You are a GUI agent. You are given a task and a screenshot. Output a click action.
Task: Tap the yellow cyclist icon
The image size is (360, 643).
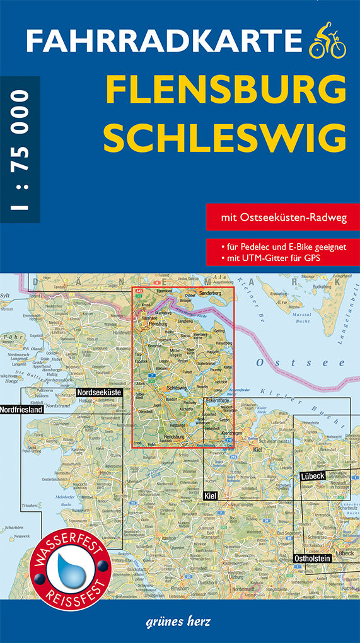click(328, 40)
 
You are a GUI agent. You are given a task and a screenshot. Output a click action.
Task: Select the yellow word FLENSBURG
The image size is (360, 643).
click(224, 91)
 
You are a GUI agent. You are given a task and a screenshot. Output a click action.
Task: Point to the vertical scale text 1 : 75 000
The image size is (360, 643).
click(20, 151)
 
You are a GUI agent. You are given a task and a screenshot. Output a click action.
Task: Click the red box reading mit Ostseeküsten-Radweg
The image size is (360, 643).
click(276, 217)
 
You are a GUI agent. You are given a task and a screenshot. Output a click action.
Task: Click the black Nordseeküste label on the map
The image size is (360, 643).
click(98, 392)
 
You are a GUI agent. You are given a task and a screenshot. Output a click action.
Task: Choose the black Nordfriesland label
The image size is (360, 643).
click(21, 409)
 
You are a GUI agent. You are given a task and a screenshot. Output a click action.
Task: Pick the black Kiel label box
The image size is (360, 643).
click(210, 497)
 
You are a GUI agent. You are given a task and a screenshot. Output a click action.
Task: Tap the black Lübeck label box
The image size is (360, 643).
click(312, 476)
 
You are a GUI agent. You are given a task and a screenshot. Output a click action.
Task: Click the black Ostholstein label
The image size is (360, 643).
click(311, 559)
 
